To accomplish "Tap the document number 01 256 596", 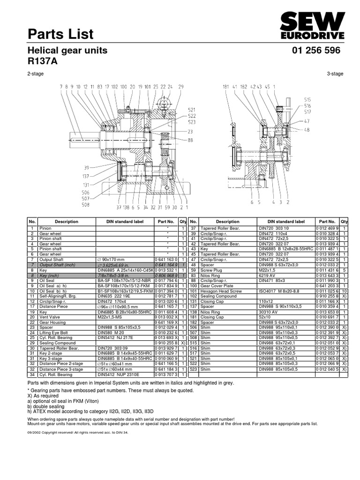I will pos(316,51).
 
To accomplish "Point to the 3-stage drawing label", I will pos(335,74).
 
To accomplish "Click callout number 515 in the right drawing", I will pos(307,100).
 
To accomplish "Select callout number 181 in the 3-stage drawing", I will pos(226,87).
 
